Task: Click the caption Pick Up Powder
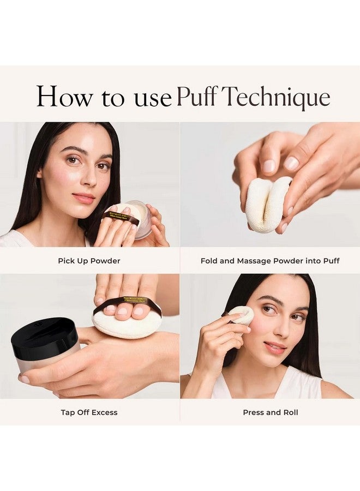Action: [x=89, y=261]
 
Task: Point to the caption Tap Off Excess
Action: [x=89, y=412]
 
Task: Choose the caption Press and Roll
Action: [x=270, y=412]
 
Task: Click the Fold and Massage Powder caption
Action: [x=270, y=261]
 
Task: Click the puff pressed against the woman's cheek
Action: [x=241, y=314]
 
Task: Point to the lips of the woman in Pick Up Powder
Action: [x=83, y=197]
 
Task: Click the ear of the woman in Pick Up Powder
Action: [x=39, y=173]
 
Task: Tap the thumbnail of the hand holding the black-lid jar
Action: [x=24, y=379]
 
